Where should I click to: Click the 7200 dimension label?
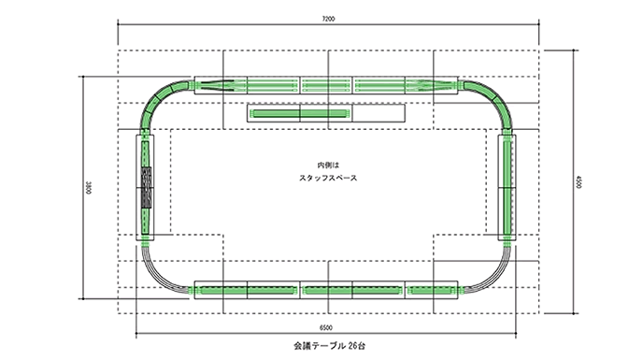[x=327, y=19]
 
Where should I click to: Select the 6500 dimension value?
[x=326, y=328]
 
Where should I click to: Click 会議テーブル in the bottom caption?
[x=309, y=347]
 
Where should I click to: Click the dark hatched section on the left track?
[x=146, y=186]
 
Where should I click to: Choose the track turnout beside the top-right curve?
[x=437, y=85]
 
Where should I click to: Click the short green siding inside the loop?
[x=299, y=113]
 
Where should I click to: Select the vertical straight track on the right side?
[x=507, y=186]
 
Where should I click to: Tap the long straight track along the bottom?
[x=327, y=291]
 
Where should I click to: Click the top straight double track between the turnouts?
[x=327, y=85]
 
